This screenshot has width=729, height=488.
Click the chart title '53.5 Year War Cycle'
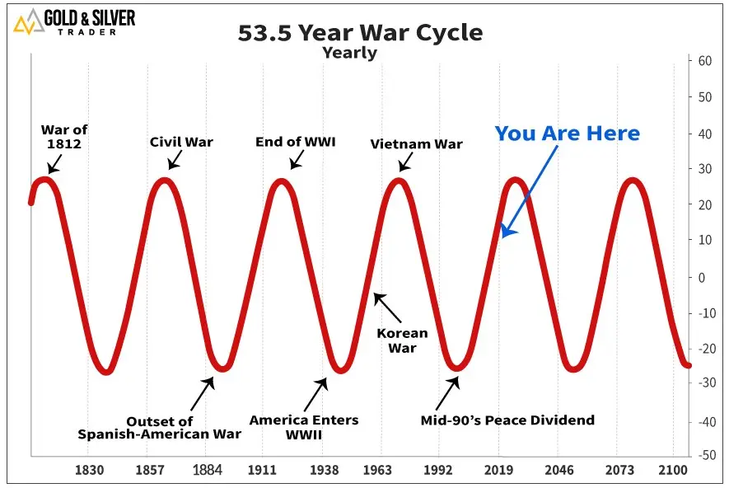coord(360,34)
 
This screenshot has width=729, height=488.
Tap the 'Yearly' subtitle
coord(349,53)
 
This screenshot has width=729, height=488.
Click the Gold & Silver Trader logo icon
coord(28,22)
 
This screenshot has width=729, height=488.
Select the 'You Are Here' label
coord(567,134)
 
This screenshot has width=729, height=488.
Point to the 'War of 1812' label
coord(64,137)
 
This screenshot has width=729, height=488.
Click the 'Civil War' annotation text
coord(181,142)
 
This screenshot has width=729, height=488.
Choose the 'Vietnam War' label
coord(416,144)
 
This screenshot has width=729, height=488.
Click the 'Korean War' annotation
coord(402,340)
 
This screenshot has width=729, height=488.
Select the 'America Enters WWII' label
coord(304,427)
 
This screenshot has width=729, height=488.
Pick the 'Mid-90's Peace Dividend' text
coord(507,420)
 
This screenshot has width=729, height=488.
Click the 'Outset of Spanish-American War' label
coord(160,428)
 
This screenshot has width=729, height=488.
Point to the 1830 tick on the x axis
coord(89,471)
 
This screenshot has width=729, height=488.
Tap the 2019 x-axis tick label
coord(498,471)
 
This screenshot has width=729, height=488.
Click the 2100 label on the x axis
coord(672,471)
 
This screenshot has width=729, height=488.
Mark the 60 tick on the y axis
coord(705,61)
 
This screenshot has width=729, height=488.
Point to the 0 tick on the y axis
coord(702,277)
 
